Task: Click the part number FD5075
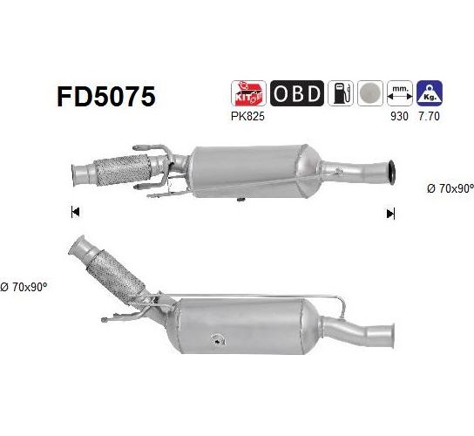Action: pos(106,97)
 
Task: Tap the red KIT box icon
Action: pos(248,93)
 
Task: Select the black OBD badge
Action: pos(297,93)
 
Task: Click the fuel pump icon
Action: pos(341,93)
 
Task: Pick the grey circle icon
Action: pos(370,93)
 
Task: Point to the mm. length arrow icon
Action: pos(400,93)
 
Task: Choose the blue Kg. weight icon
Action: pos(430,93)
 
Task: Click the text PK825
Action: pos(247,116)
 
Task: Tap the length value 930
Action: pos(399,116)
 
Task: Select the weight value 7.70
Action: pos(430,116)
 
